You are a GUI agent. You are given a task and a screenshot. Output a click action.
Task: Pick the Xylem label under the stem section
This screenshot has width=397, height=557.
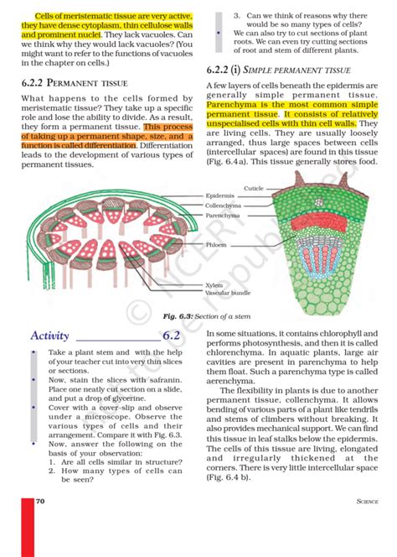(214, 285)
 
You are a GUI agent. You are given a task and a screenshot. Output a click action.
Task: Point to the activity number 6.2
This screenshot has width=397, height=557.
(172, 336)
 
